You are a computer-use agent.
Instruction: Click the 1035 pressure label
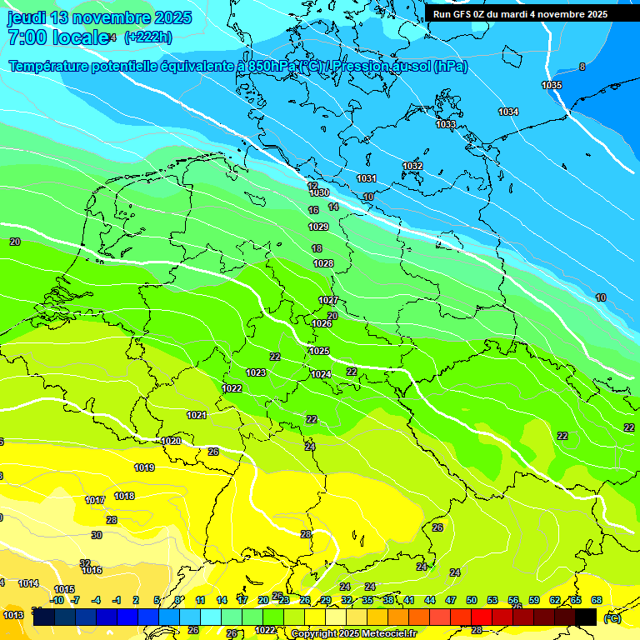(x=552, y=86)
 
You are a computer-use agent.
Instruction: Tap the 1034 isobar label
(x=508, y=112)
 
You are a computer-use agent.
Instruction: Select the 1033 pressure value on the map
(x=446, y=125)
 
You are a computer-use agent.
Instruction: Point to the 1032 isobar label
(x=412, y=167)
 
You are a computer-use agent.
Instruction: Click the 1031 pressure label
(x=367, y=179)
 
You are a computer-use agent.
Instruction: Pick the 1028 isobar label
(x=323, y=264)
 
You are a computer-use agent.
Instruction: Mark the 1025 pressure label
(x=319, y=352)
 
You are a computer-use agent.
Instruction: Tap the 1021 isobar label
(x=197, y=416)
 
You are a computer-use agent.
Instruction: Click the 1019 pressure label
(x=144, y=468)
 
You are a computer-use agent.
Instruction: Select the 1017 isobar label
(x=95, y=501)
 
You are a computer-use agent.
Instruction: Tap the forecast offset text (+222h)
(x=147, y=37)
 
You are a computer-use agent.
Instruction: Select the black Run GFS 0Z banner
(x=531, y=14)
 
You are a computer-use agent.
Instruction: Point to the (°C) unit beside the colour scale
(x=612, y=617)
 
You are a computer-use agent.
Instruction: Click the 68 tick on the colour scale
(x=597, y=600)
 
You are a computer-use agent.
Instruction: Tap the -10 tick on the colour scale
(x=57, y=600)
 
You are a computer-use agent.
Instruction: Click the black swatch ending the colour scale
(x=586, y=617)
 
